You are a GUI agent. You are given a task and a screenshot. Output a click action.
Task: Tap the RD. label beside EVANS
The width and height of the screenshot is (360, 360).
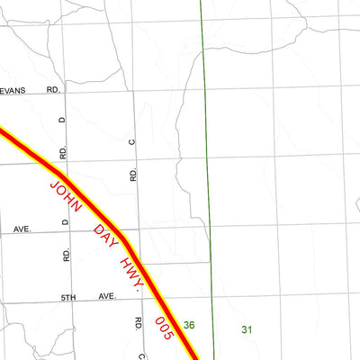pyautogui.click(x=53, y=91)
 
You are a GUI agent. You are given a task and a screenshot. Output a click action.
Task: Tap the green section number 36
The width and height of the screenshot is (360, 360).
pyautogui.click(x=189, y=325)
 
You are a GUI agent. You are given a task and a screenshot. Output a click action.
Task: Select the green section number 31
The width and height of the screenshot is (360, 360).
pyautogui.click(x=247, y=330)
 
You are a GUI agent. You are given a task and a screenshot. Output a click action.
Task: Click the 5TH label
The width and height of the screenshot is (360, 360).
pyautogui.click(x=70, y=296)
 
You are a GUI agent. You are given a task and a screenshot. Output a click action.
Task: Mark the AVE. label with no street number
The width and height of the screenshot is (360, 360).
pyautogui.click(x=22, y=229)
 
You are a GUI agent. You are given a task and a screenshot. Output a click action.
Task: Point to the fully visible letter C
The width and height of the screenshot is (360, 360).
pyautogui.click(x=132, y=142)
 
